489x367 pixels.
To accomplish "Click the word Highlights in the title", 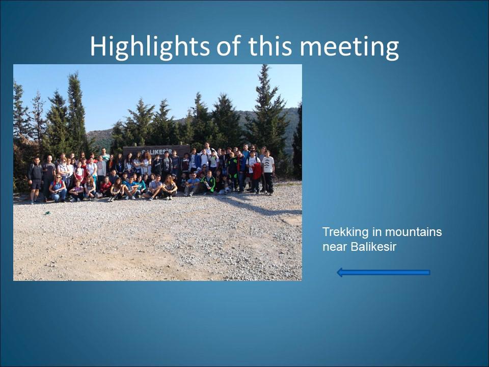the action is (150, 47).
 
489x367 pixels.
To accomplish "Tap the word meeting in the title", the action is (349, 47).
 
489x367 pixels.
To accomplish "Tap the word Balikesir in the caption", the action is (373, 247).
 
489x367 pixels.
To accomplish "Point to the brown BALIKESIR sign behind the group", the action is (156, 150).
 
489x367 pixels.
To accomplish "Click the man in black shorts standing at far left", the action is (35, 180).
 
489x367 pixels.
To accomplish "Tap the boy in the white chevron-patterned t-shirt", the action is (268, 172).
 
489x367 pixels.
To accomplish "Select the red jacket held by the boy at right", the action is (257, 171).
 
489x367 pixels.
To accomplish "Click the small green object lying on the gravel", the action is (47, 213).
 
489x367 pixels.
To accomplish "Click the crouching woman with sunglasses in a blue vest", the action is (58, 188).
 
